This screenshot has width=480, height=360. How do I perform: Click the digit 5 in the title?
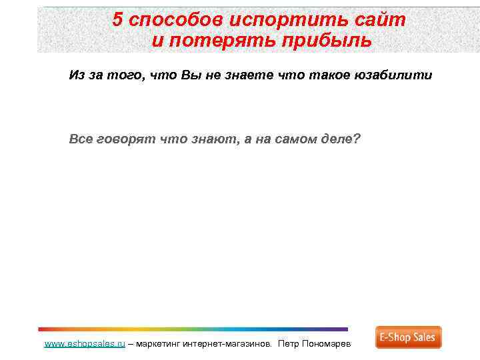point(117,19)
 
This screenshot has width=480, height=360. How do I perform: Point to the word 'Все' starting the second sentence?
point(81,139)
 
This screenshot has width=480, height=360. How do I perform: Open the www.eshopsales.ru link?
point(85,344)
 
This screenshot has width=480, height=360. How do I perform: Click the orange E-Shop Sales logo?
point(408,337)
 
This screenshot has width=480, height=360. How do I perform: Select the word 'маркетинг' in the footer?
point(159,344)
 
